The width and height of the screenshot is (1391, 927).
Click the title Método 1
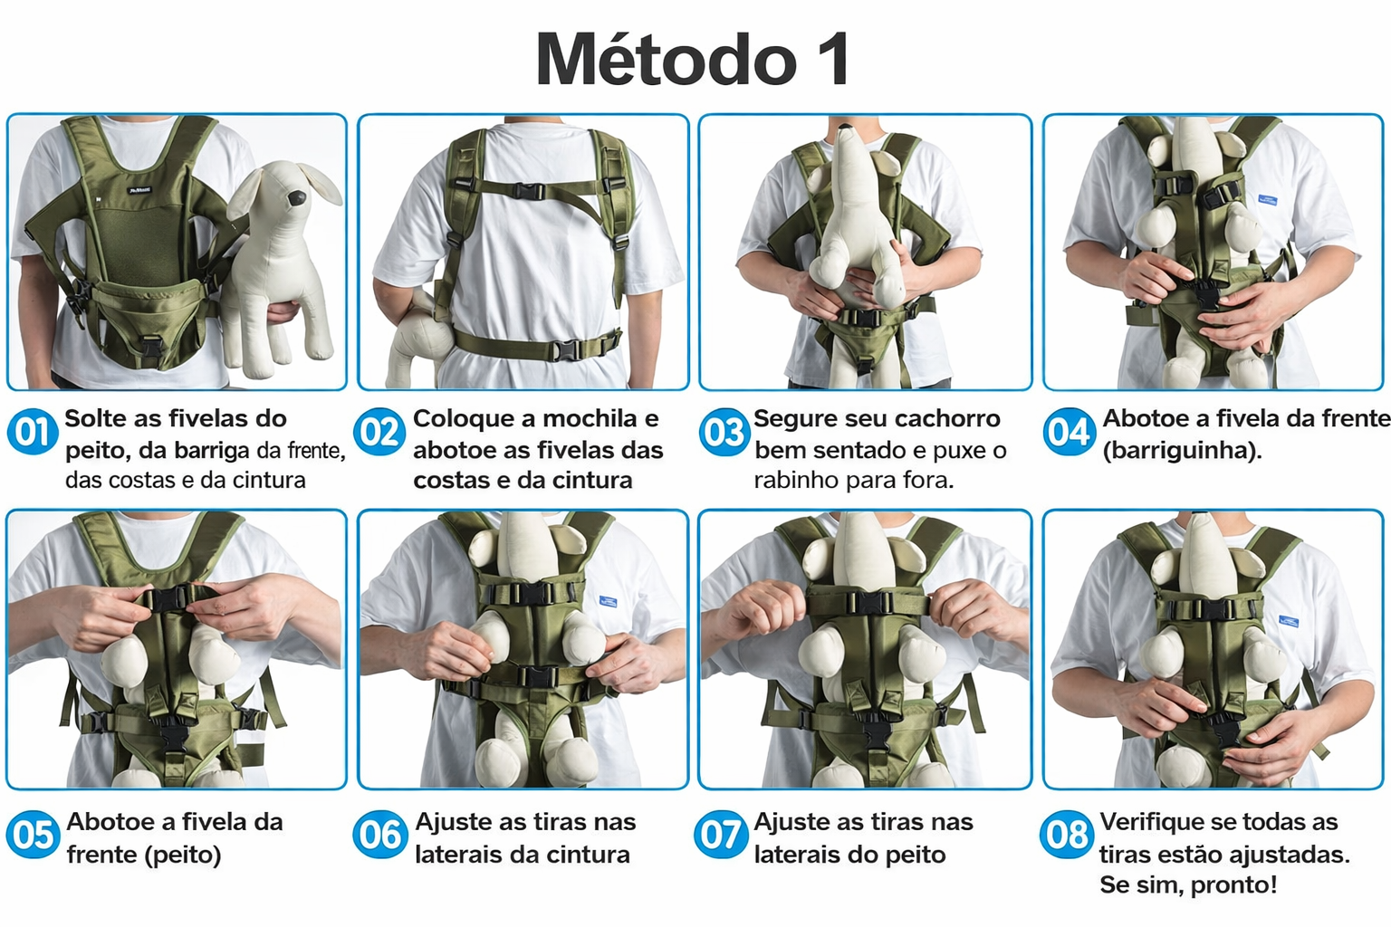click(693, 59)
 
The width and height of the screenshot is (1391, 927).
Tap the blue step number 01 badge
click(33, 432)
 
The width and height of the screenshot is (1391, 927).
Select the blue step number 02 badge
click(379, 432)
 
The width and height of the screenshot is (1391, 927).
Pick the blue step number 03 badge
click(724, 432)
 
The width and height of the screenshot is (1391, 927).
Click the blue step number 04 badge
click(1069, 432)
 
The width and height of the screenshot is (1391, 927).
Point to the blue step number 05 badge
click(33, 835)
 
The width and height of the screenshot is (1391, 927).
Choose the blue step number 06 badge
click(379, 835)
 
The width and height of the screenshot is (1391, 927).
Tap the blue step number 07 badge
click(720, 835)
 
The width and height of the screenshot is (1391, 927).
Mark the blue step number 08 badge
click(1066, 835)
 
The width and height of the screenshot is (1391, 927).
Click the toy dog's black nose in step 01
click(296, 198)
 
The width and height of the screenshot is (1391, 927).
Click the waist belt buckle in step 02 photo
click(568, 349)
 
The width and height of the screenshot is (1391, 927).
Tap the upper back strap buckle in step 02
click(529, 191)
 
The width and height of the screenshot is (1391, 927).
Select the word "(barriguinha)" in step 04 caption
click(1183, 451)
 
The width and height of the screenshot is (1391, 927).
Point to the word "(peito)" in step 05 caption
click(182, 855)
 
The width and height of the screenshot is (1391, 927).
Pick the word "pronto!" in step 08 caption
click(1234, 884)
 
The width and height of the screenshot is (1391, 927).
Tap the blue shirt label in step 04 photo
click(1268, 200)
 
